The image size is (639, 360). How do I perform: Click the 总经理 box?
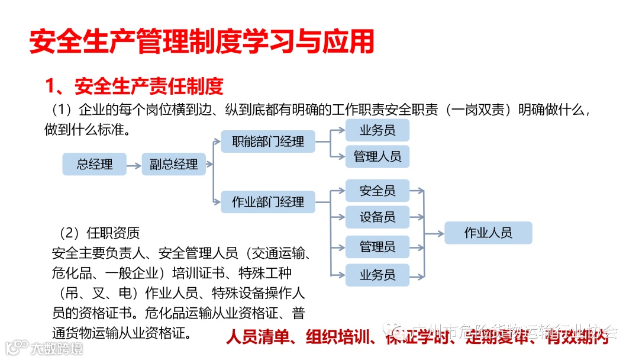[x=94, y=164]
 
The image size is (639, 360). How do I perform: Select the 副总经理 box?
[x=173, y=164]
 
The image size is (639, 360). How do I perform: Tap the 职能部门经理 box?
[x=268, y=142]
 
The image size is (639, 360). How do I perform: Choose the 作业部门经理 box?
[x=268, y=202]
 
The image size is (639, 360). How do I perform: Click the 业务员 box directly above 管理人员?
[x=377, y=130]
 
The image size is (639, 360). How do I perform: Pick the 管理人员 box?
[x=377, y=156]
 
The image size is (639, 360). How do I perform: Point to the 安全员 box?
[x=377, y=191]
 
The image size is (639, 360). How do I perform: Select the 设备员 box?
[x=377, y=217]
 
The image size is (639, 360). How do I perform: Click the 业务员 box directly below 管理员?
[x=377, y=275]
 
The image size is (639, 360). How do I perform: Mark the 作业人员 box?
[x=488, y=233]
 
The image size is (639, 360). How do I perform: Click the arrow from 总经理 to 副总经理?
[x=134, y=164]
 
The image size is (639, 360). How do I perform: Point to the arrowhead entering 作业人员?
[x=440, y=233]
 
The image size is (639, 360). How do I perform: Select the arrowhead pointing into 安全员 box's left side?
[x=341, y=191]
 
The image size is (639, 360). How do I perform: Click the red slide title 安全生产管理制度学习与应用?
[x=202, y=43]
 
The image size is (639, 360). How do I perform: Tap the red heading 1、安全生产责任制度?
[x=134, y=87]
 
